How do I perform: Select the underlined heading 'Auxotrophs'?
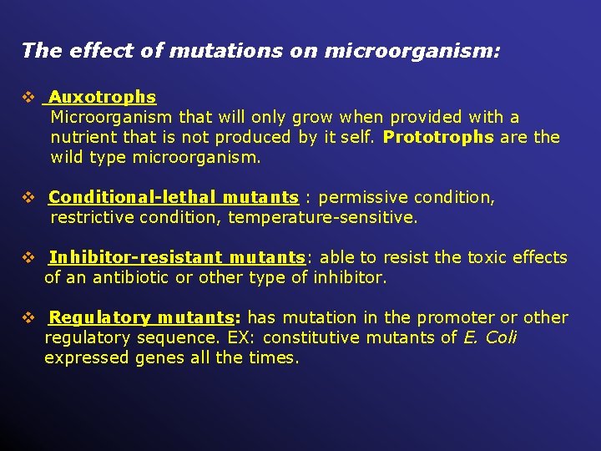tap(103, 98)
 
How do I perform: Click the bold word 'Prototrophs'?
tap(438, 137)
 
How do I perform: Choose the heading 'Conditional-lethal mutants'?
tap(174, 198)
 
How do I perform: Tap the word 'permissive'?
tap(361, 198)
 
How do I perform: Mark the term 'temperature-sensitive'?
tap(322, 218)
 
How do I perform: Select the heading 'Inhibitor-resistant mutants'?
tap(176, 258)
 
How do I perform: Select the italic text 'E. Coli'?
tap(490, 337)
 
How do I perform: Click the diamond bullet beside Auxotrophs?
tap(28, 98)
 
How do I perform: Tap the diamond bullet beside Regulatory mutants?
tap(28, 318)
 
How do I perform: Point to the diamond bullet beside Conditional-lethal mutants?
tap(28, 198)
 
